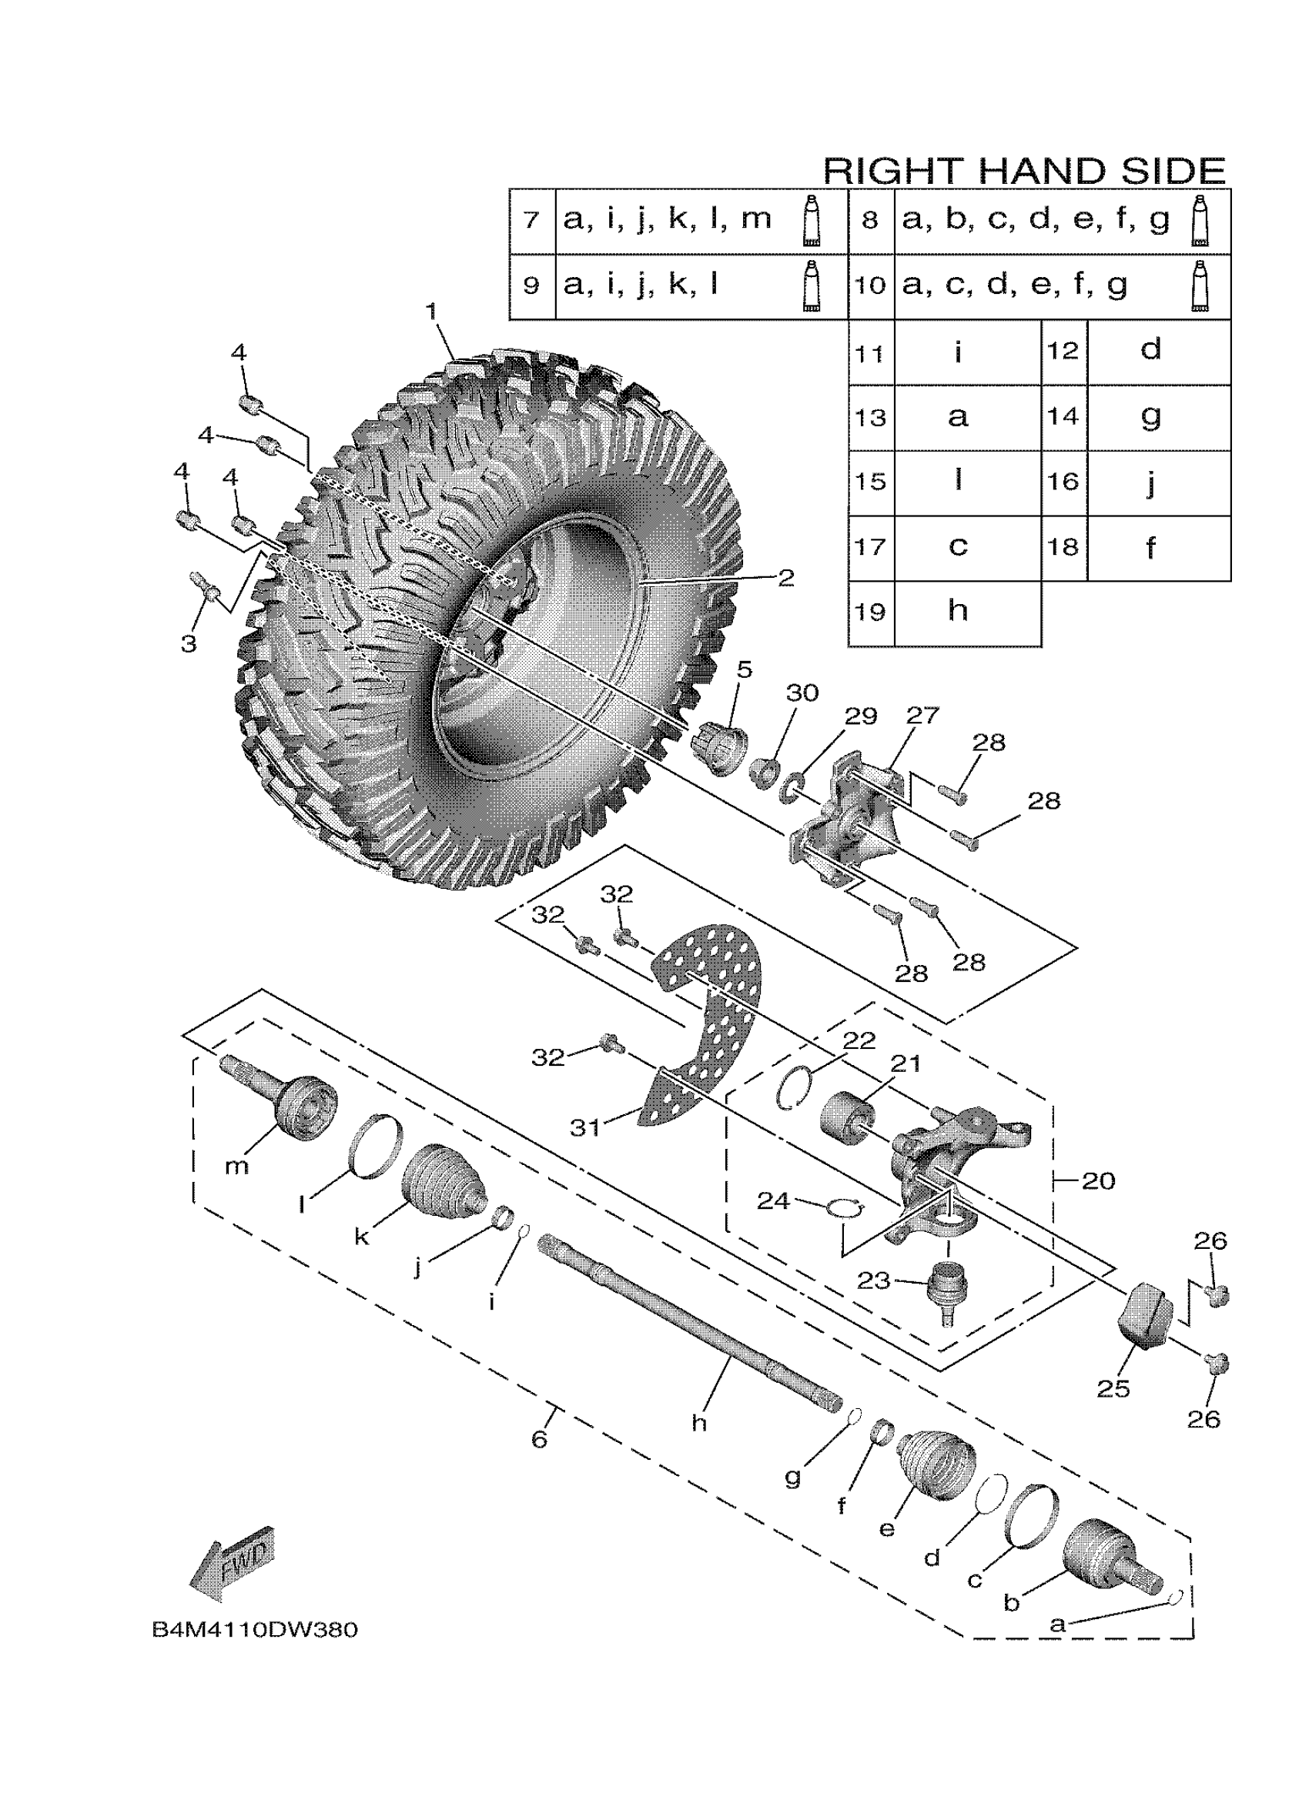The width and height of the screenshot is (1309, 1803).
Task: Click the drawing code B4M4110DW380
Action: pyautogui.click(x=254, y=1631)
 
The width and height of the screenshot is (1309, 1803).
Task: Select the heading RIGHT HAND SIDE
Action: pyautogui.click(x=1023, y=171)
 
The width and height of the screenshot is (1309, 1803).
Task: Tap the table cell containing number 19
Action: pyautogui.click(x=870, y=612)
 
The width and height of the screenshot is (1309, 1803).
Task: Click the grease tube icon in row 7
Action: pyautogui.click(x=810, y=219)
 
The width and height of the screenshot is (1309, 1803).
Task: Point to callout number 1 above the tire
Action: pyautogui.click(x=432, y=311)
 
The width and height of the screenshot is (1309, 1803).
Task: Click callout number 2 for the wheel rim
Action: pyautogui.click(x=785, y=578)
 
